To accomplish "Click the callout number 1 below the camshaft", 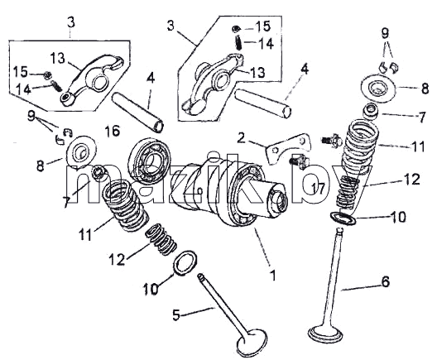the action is coord(273,276).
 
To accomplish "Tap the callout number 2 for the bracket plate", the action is coord(242,137).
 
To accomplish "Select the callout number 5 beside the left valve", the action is coord(176,314).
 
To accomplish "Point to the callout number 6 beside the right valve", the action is coord(385,281).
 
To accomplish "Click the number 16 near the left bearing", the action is coord(113,131).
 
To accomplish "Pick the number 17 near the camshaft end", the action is coord(318,189).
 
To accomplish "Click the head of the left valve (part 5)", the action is coord(252,343).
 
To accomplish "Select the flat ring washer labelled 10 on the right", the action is coord(343,217).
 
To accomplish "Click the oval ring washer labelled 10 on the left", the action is coord(185,262).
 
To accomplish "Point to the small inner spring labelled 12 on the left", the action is coord(161,240).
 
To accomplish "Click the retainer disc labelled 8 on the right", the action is coord(378,89).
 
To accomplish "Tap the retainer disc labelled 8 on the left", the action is coord(81,151).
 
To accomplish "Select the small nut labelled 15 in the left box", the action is coord(47,74).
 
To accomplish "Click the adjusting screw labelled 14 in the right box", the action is coord(238,42).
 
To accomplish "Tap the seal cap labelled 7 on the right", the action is coord(371,111).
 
